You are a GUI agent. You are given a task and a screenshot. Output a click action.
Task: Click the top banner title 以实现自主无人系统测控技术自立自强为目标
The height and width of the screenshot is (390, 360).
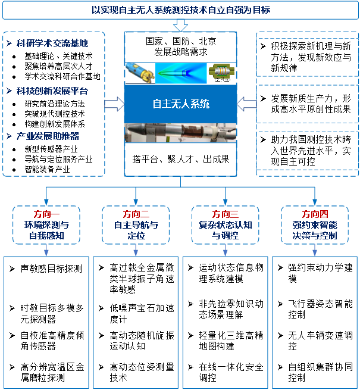pos(181,10)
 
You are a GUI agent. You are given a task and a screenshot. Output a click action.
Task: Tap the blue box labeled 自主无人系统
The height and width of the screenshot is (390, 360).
pos(180,104)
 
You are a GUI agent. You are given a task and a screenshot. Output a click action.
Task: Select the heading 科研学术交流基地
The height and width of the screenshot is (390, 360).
pos(52,43)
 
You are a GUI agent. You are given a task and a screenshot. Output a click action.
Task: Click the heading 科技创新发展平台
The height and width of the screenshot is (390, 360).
pos(52,91)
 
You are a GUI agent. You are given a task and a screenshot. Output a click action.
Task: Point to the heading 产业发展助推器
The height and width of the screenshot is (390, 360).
pos(48,136)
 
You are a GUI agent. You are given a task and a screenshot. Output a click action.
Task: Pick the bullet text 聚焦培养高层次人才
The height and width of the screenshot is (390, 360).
pos(58,66)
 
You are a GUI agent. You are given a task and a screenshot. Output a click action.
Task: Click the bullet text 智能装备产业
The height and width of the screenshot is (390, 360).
pos(47,169)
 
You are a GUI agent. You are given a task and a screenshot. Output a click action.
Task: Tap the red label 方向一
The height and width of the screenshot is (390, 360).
pos(46,214)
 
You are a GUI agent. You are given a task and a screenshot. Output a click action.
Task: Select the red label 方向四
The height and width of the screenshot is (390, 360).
pos(315,214)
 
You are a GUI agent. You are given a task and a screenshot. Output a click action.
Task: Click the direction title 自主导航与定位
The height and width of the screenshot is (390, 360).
pos(136,230)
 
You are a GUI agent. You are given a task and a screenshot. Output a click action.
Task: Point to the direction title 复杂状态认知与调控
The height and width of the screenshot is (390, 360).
pos(226,230)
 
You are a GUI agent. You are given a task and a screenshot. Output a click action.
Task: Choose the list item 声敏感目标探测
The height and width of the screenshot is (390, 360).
pos(51,269)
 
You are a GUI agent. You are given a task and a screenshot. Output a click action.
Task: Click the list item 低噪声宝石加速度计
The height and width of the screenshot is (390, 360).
pos(142,314)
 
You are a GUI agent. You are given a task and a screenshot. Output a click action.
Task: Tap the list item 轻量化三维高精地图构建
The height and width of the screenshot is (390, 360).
pos(231,341)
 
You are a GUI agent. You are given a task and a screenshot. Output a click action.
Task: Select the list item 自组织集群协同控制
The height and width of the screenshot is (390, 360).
pos(320,372)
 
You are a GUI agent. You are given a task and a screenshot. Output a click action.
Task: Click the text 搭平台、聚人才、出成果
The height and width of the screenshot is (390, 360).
pos(181,159)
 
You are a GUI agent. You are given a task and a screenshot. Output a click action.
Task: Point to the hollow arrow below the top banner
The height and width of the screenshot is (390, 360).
pos(180,26)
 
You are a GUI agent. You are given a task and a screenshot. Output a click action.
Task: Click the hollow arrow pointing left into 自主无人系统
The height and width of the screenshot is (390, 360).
pos(246,104)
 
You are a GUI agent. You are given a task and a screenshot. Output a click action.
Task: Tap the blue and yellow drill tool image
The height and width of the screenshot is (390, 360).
pos(140,73)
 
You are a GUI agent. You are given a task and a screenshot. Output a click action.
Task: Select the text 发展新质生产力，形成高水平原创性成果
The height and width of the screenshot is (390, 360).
pos(311,104)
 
